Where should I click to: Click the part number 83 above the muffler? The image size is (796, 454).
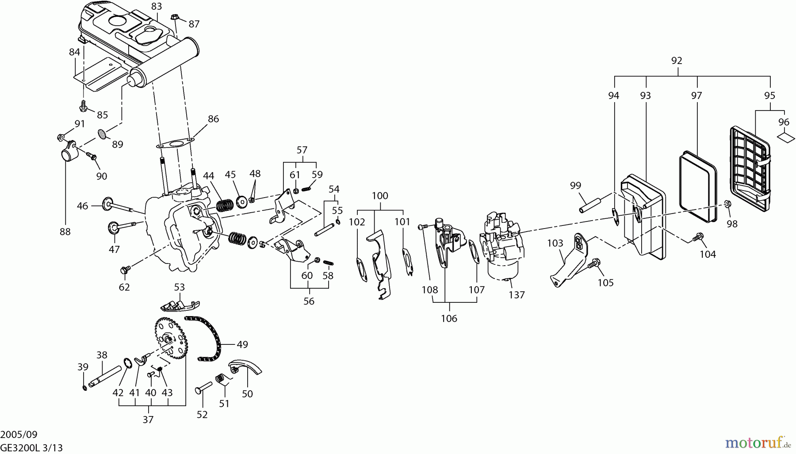[157, 6]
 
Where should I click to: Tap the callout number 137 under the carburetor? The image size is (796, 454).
[517, 295]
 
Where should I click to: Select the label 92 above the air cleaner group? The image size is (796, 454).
[677, 61]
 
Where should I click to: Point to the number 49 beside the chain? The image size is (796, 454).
[242, 344]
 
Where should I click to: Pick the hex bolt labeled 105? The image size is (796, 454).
[594, 263]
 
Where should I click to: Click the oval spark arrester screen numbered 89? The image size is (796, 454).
[103, 133]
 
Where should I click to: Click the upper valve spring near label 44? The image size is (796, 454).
[225, 206]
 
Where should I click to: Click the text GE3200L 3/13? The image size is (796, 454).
[31, 448]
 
